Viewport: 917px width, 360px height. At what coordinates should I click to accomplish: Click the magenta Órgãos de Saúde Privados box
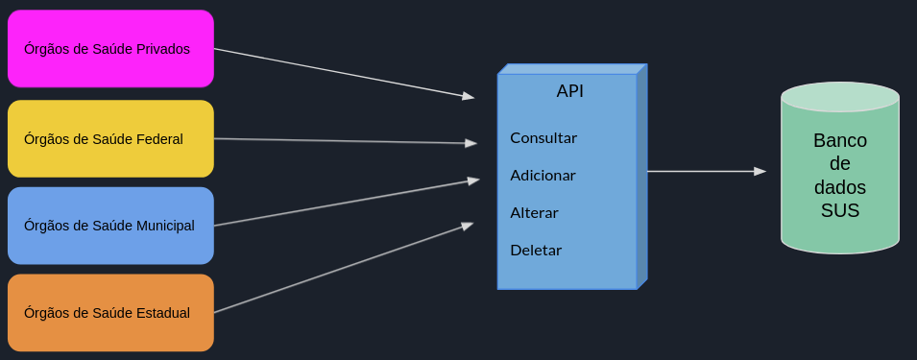tap(110, 49)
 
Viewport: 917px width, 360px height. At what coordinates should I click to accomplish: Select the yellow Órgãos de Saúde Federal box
tap(110, 139)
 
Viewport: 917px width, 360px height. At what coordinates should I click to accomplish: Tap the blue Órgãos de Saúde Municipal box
tap(110, 226)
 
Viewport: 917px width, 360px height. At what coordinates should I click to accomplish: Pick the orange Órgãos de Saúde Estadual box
tap(110, 313)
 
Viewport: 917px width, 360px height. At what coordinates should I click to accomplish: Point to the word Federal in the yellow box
tap(160, 139)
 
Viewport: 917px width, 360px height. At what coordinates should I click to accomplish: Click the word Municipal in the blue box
tap(165, 226)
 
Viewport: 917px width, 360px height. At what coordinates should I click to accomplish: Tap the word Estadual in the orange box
tap(163, 313)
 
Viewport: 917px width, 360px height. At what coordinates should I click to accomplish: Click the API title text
tap(569, 91)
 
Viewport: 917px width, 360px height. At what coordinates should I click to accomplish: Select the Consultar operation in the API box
tap(543, 137)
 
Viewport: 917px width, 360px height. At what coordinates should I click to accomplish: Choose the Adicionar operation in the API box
tap(543, 176)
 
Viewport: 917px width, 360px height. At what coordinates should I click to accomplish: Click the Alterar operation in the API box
tap(534, 213)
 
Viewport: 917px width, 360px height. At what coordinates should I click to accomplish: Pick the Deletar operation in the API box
tap(536, 251)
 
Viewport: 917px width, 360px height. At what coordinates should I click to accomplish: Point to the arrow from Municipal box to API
tap(346, 203)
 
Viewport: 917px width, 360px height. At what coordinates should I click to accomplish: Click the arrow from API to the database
tap(706, 172)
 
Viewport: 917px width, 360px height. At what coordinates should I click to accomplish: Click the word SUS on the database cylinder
tap(840, 211)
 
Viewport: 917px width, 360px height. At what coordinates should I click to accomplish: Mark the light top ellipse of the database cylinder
tap(840, 97)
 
